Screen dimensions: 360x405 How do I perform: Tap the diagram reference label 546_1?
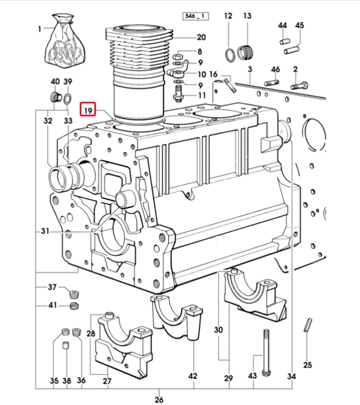[x=195, y=16]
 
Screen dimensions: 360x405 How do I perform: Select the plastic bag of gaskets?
[x=65, y=42]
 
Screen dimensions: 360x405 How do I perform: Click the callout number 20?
[x=202, y=37]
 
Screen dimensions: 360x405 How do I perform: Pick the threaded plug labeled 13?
[x=245, y=52]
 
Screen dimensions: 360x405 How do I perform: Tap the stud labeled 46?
[x=271, y=83]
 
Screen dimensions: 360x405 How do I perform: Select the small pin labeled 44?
[x=285, y=41]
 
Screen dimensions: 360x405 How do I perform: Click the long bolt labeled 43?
[x=266, y=353]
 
